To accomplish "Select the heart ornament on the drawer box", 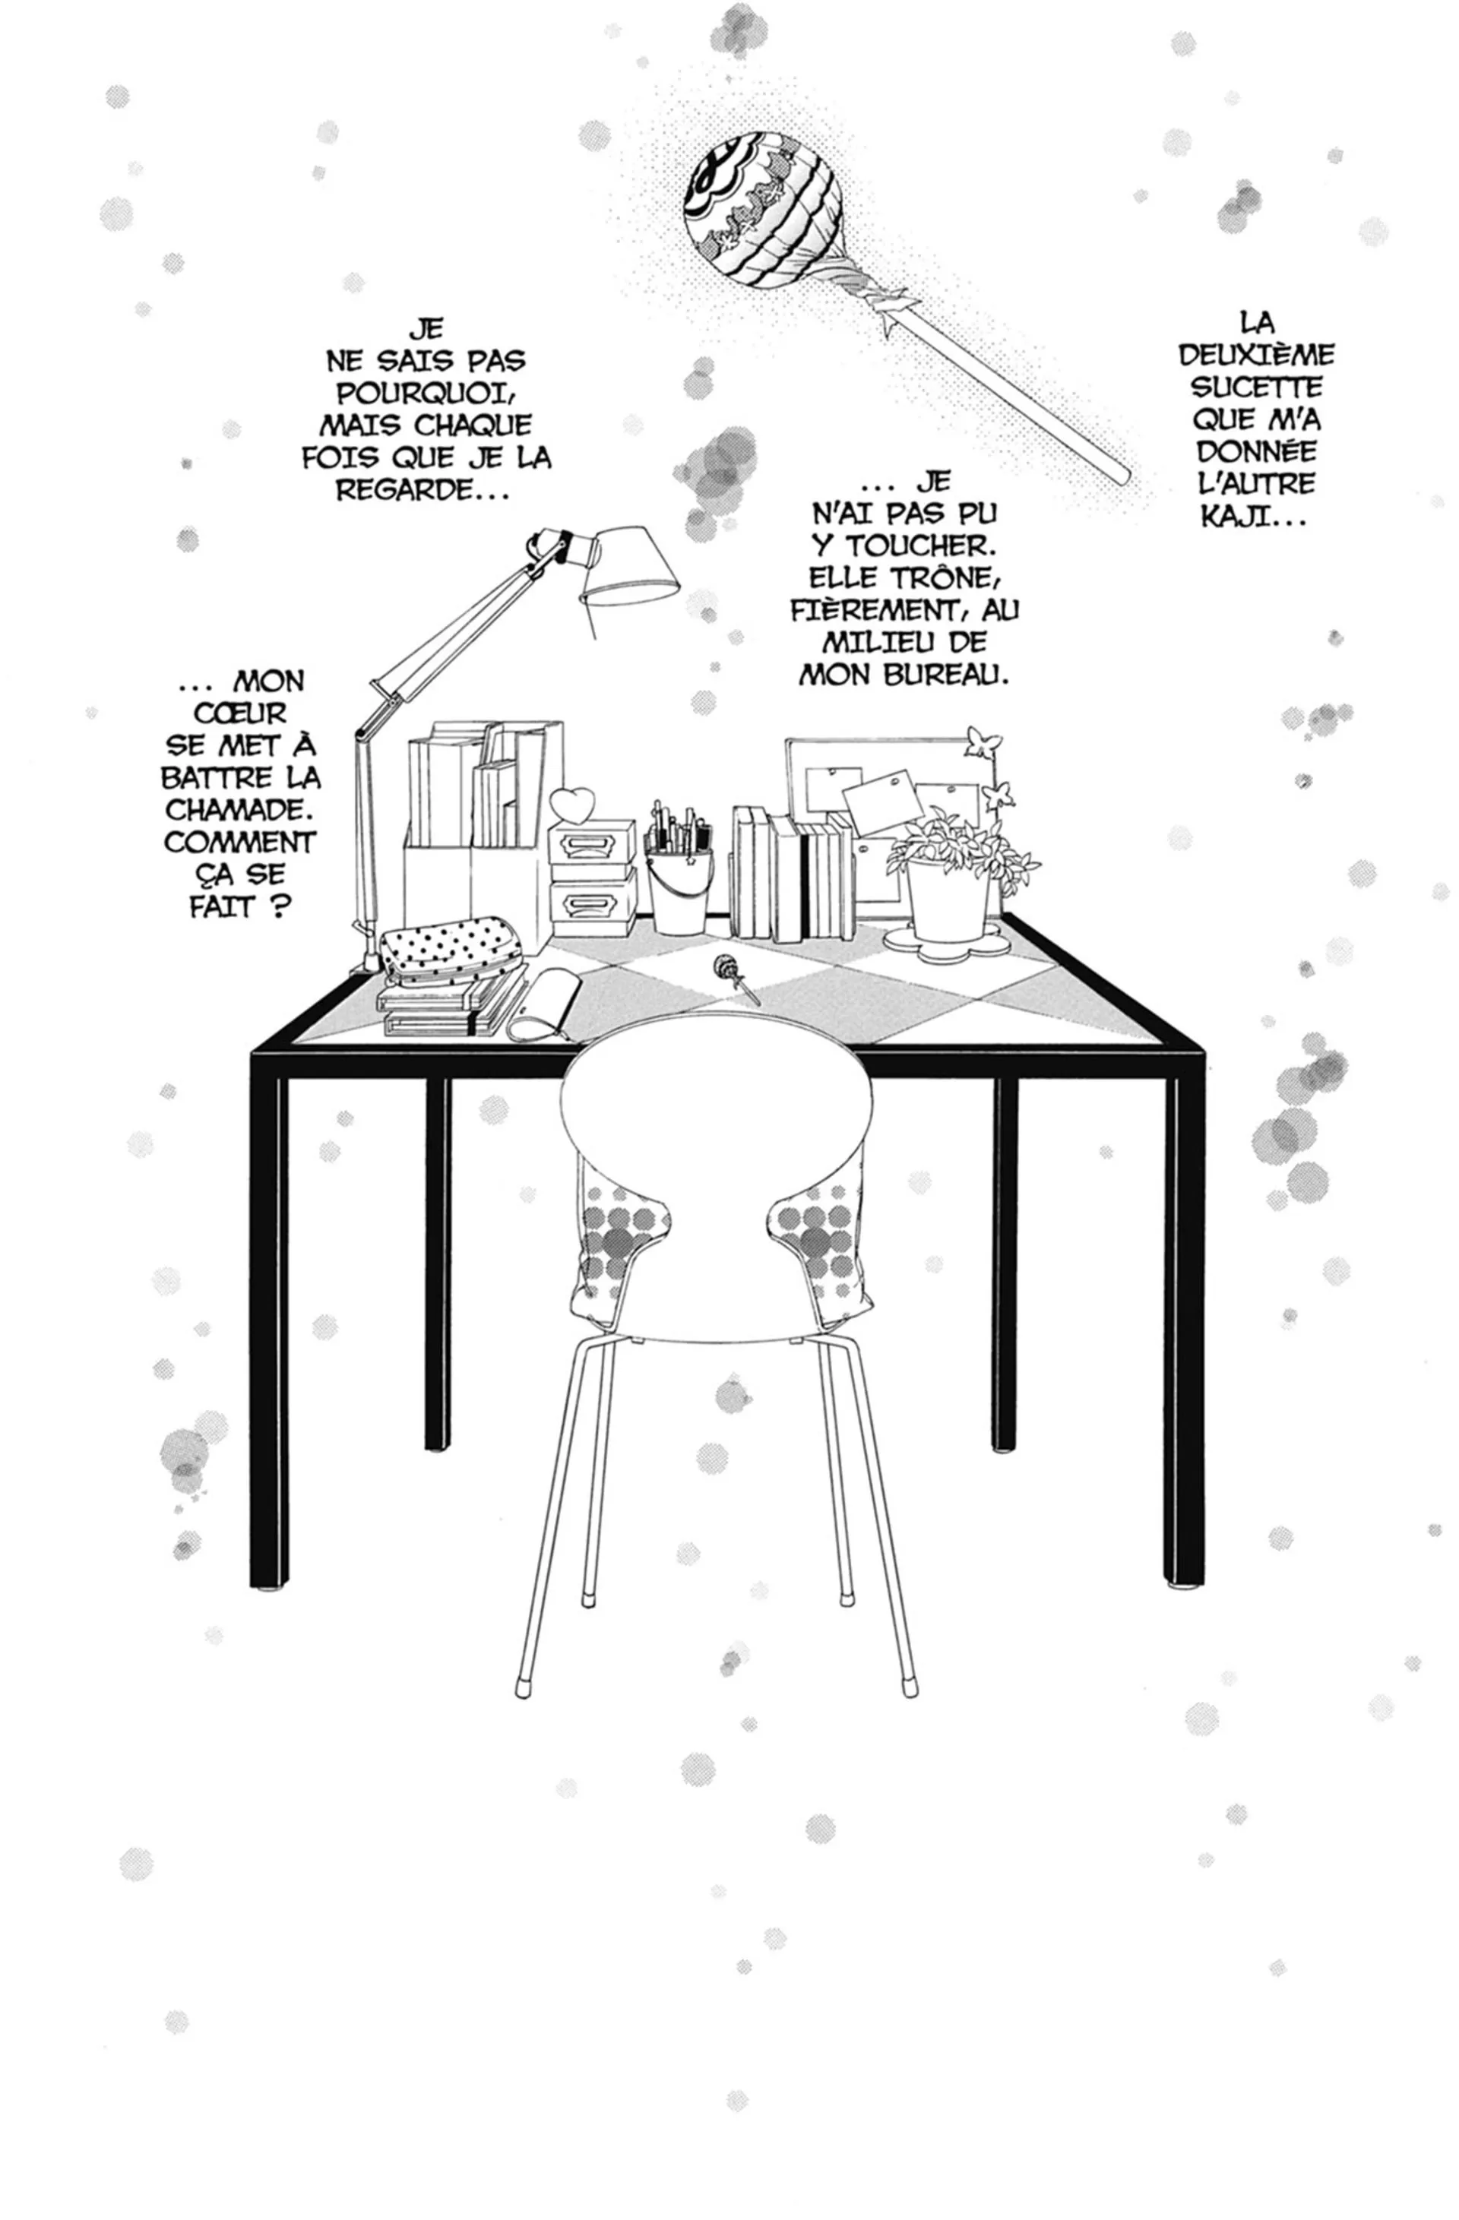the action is pos(571,803).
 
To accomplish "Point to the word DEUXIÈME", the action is pos(1257,356).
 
